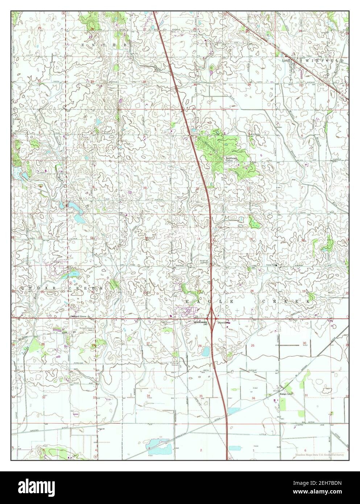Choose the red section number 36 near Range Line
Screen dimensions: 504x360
pos(253,398)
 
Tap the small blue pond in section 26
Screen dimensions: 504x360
pos(206,351)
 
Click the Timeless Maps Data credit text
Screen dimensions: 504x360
pos(319,454)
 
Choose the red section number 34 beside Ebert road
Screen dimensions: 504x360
pos(148,395)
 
